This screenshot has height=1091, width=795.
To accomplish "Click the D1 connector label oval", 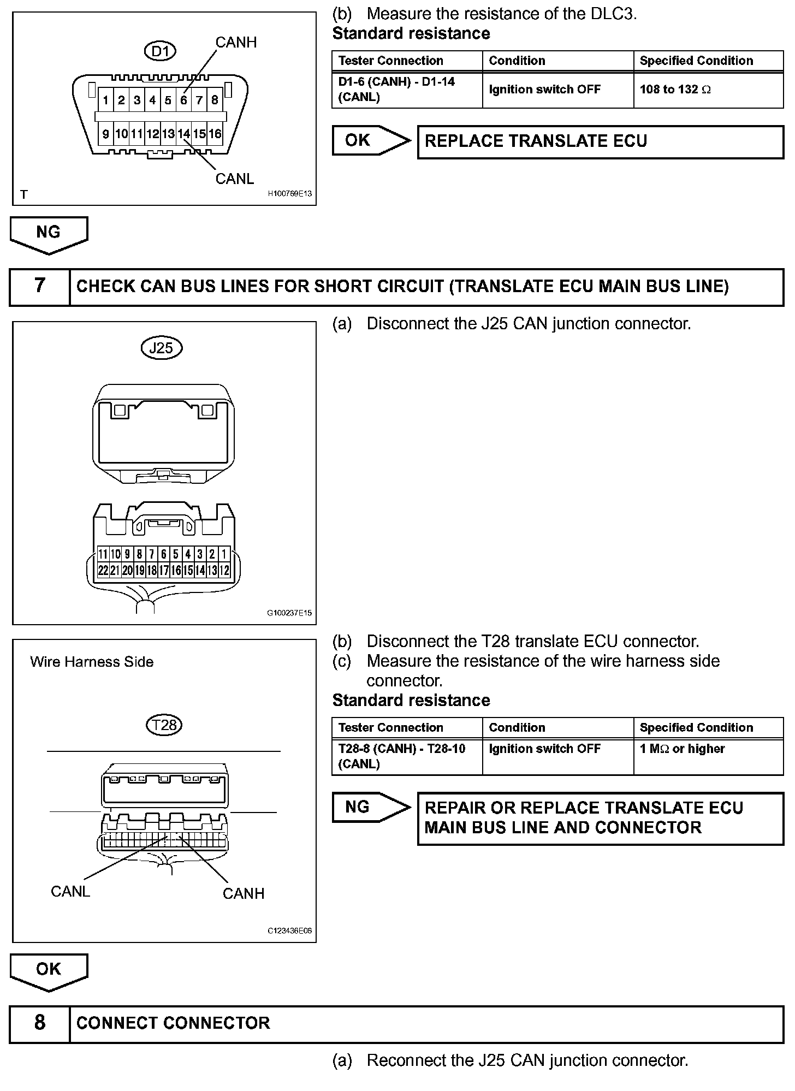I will point(161,52).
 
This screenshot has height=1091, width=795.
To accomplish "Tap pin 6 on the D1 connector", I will point(183,100).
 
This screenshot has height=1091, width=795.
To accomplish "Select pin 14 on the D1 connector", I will point(183,134).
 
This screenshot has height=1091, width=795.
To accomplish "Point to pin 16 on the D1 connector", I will point(215,134).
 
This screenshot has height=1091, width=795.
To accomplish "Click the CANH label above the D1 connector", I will point(236,43).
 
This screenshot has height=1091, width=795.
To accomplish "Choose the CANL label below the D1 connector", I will point(235,179).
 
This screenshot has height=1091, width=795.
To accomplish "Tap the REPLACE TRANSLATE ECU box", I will point(600,141).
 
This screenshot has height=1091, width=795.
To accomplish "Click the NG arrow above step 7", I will point(49,234).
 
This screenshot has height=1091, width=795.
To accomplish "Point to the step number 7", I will point(40,286).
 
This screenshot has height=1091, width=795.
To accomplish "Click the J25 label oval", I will point(162,348).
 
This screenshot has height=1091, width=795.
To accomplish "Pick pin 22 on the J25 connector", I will point(103,570).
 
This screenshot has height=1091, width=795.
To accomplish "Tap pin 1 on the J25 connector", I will point(224,554).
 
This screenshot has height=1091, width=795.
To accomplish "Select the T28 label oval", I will point(164,725).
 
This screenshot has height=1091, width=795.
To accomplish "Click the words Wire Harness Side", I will point(92,662).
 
